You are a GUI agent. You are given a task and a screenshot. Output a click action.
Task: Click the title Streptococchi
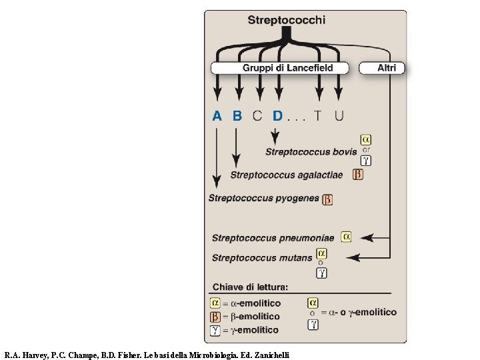point(287,20)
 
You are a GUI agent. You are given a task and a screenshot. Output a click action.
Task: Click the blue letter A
point(217,116)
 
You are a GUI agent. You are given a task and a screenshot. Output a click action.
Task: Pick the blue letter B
point(237,116)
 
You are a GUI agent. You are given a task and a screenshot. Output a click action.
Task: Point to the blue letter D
point(277,116)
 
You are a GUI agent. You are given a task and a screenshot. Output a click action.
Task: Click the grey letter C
point(257,116)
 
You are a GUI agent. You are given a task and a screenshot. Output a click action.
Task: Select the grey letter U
point(339,116)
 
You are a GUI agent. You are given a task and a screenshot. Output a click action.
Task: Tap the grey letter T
point(319,116)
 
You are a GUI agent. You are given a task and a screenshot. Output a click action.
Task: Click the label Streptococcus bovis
point(311,152)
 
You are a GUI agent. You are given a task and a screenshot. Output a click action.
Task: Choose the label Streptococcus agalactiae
point(287,175)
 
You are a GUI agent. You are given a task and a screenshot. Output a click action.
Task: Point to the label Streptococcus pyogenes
point(263,198)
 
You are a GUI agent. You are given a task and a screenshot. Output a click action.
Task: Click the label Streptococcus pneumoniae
point(273,238)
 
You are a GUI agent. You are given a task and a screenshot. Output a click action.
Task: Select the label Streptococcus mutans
point(262,258)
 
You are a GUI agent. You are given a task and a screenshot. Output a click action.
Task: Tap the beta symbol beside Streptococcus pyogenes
point(327,199)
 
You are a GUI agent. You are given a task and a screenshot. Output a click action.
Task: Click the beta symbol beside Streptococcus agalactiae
point(358,175)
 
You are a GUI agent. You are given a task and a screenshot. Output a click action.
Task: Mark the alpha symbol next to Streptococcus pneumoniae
point(346,237)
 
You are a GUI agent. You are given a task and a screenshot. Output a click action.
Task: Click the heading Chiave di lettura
point(250,287)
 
